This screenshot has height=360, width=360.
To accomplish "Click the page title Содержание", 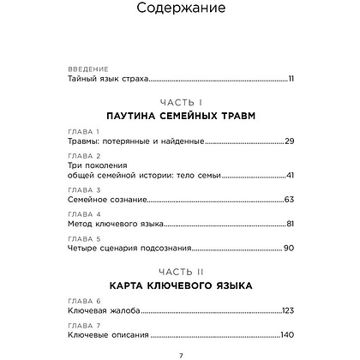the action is (180, 11).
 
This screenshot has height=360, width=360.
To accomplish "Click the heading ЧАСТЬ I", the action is (180, 100).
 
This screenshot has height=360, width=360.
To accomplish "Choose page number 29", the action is (289, 141).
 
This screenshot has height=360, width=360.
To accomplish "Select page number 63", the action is (289, 199).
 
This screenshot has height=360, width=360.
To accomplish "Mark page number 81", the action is (289, 224).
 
